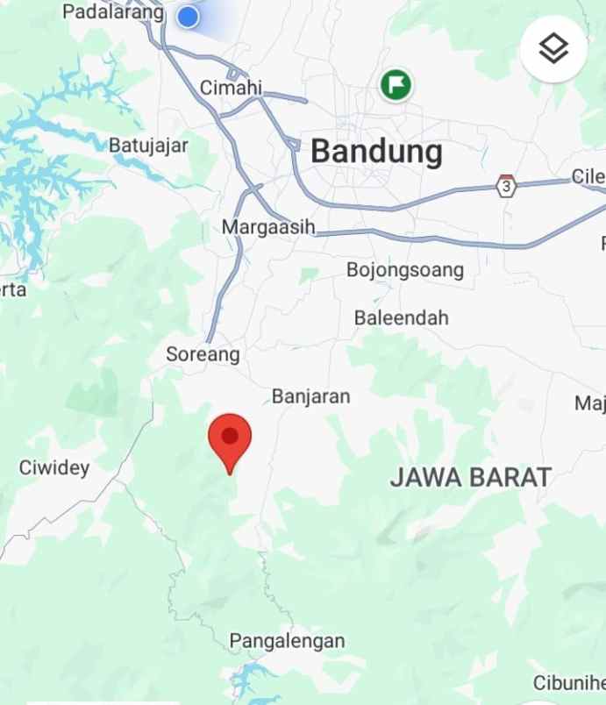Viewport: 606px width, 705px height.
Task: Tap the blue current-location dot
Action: coord(188,17)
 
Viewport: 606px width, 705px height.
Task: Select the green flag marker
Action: coord(396,85)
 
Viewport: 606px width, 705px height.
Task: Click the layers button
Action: coord(553,50)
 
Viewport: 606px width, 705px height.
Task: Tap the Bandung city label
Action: coord(376,152)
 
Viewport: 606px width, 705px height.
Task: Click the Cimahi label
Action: coord(231,88)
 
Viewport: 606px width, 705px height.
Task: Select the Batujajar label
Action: coord(148,145)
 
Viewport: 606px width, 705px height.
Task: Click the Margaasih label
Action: coord(267,227)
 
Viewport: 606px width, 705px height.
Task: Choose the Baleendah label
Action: coord(401,317)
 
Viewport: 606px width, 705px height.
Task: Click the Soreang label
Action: coord(203,354)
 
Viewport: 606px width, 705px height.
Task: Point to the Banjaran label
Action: coord(310,396)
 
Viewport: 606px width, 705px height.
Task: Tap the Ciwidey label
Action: coord(54,467)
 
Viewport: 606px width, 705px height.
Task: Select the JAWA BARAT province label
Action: coord(471,477)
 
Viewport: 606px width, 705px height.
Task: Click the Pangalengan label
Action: coord(287,641)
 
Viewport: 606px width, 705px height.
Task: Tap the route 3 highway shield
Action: coord(506,186)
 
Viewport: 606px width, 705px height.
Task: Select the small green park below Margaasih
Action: coord(308,275)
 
